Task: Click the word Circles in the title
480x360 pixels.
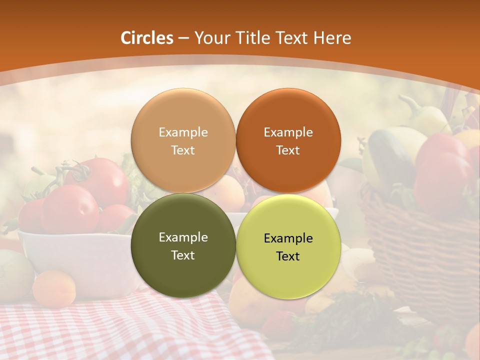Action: (147, 38)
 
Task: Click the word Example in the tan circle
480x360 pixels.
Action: (183, 132)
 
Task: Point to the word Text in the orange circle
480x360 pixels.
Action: (288, 150)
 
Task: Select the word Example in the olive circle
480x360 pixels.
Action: (183, 237)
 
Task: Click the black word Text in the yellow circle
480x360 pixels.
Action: (288, 256)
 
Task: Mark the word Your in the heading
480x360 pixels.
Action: (210, 38)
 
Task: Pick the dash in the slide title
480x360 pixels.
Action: (183, 38)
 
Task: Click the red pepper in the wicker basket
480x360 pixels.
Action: (442, 165)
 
